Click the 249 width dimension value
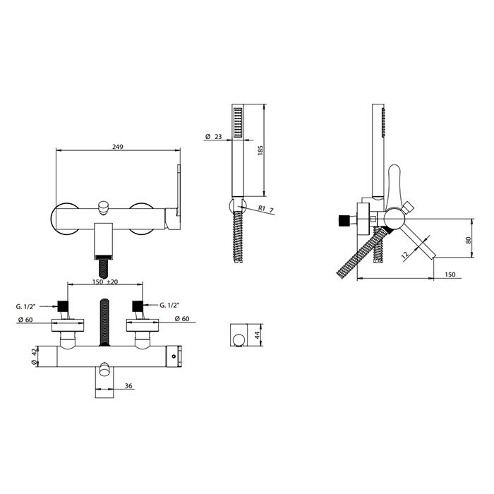[118, 147]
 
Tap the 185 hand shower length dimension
[260, 150]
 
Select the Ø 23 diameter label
[213, 136]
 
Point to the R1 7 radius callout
[266, 209]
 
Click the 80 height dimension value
[468, 240]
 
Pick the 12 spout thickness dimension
[406, 254]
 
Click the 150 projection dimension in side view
[450, 275]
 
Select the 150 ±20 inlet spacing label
[105, 282]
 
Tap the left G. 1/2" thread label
[25, 306]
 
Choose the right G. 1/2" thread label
[169, 305]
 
